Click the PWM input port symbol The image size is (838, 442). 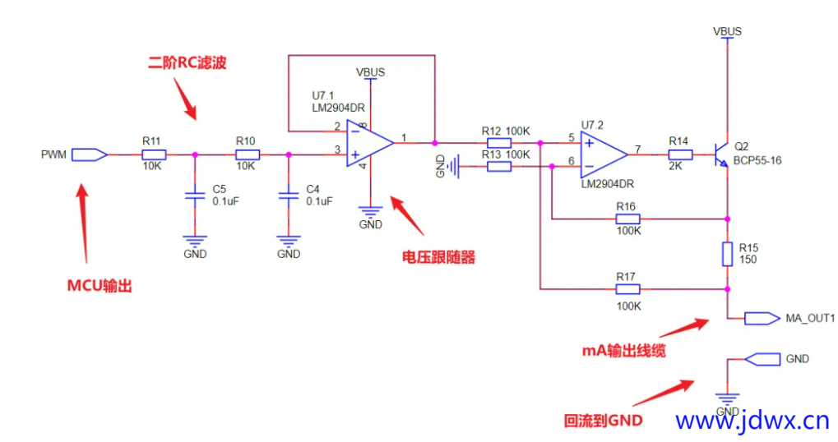click(90, 154)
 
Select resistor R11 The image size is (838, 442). click(154, 154)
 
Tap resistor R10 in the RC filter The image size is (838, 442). click(248, 154)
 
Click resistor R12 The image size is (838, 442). click(498, 142)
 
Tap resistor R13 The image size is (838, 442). click(498, 167)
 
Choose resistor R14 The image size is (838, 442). click(678, 154)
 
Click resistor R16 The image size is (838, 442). click(627, 219)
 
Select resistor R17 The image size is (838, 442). click(627, 288)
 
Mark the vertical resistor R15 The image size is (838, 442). click(728, 254)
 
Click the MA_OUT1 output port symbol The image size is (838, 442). click(761, 318)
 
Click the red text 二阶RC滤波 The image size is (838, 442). click(188, 63)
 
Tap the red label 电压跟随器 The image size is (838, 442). click(438, 257)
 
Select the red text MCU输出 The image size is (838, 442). click(100, 286)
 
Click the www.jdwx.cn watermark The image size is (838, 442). click(752, 421)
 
